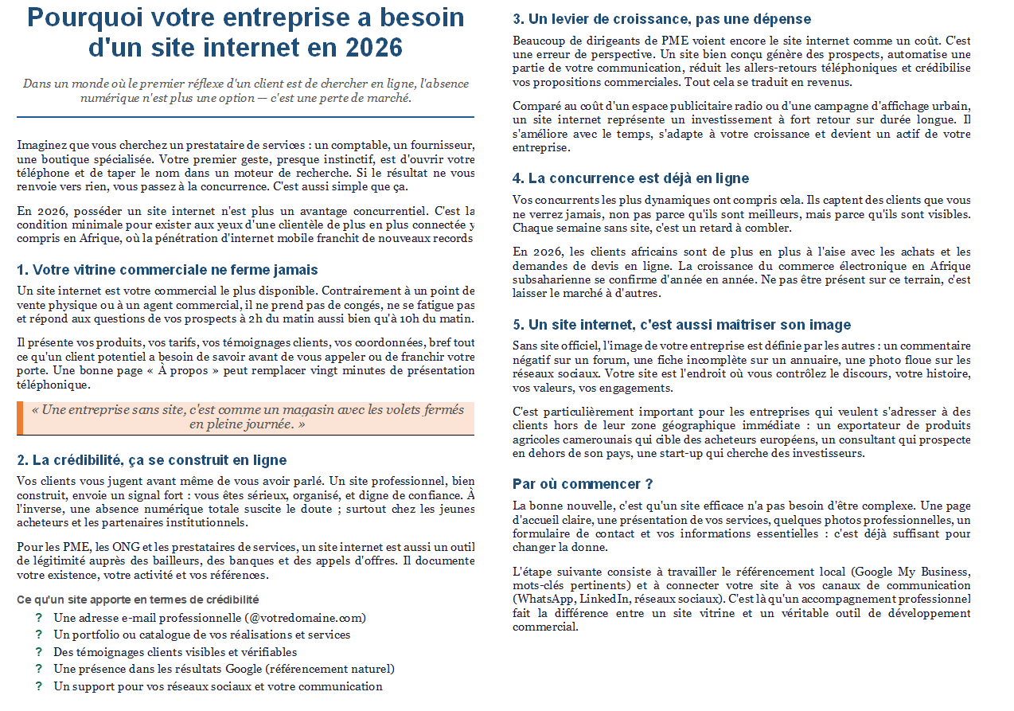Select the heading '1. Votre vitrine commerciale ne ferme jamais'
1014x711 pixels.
pos(167,270)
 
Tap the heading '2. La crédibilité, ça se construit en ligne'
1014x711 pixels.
pos(151,460)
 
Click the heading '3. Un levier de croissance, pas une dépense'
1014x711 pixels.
pos(661,19)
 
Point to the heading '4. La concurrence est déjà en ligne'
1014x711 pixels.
pos(630,178)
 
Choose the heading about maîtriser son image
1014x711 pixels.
pos(681,325)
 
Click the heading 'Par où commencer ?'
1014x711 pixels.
pos(583,484)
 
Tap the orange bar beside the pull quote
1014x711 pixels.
pos(20,418)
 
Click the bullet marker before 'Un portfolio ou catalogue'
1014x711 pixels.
pos(38,635)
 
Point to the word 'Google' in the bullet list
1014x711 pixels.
pos(243,669)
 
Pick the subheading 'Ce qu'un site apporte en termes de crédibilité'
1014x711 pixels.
pos(138,600)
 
